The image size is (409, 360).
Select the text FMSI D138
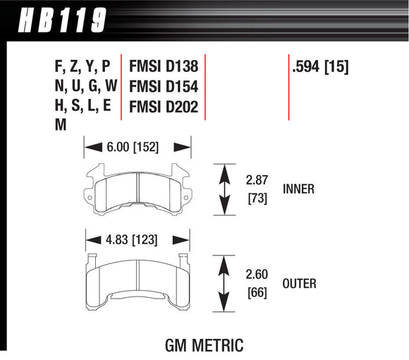(x=163, y=68)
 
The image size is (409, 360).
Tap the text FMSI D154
(x=163, y=88)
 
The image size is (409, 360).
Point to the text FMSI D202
(x=163, y=107)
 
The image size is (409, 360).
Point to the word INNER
(x=298, y=189)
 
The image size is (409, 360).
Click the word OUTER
(x=299, y=284)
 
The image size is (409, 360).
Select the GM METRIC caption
(x=204, y=346)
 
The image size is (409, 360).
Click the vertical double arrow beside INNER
(x=225, y=189)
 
